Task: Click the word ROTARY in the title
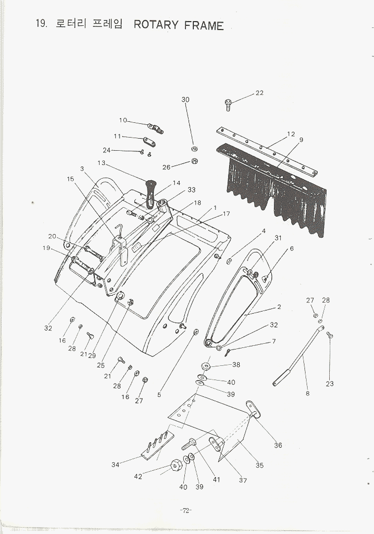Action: tap(155, 25)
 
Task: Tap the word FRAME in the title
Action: tap(203, 25)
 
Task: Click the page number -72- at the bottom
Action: tap(186, 510)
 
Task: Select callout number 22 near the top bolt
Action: tap(259, 93)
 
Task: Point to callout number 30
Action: tap(185, 100)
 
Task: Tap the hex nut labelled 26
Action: tap(195, 161)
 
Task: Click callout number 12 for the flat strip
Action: tap(291, 134)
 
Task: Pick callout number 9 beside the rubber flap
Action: tap(301, 140)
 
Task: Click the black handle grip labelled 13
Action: tap(150, 193)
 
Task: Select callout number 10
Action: tap(123, 120)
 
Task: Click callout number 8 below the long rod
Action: tap(308, 393)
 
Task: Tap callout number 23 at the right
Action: tap(329, 384)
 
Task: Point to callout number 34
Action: tap(115, 464)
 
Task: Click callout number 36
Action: tap(278, 445)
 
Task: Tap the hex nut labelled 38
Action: tap(205, 366)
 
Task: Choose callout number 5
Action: tap(159, 395)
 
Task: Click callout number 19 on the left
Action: tap(46, 248)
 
